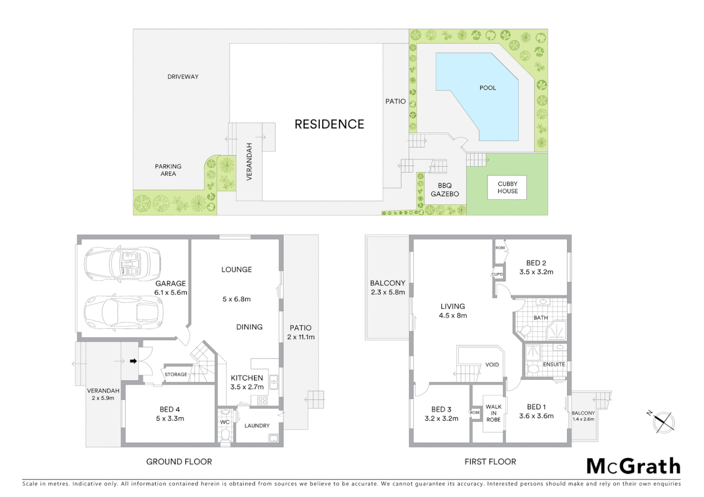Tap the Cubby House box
click(x=507, y=187)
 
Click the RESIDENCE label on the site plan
click(x=329, y=124)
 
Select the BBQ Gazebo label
click(x=445, y=190)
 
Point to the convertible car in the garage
click(x=122, y=264)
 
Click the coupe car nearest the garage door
click(x=123, y=312)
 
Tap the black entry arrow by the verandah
click(x=133, y=361)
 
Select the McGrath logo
click(x=633, y=466)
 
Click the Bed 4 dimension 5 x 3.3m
click(x=170, y=419)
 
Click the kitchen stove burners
click(x=262, y=400)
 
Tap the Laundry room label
click(x=257, y=426)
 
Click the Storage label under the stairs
click(x=176, y=375)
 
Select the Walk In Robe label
click(x=493, y=413)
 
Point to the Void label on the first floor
click(x=492, y=364)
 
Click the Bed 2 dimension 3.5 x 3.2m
click(x=536, y=272)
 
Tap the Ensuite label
click(x=553, y=364)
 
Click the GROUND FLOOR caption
click(x=179, y=462)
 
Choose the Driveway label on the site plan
click(x=183, y=77)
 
